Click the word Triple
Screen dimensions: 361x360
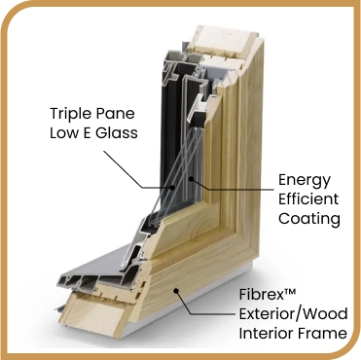point(69,114)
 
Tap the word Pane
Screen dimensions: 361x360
point(114,114)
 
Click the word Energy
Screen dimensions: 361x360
point(305,181)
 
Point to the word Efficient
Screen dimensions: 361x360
point(308,198)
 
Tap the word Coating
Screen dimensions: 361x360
point(309,219)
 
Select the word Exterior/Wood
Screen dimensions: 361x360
point(293,314)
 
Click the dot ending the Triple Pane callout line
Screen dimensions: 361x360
point(173,187)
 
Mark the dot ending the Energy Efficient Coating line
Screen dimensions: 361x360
point(192,178)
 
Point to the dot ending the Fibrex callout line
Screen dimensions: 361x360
point(176,291)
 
